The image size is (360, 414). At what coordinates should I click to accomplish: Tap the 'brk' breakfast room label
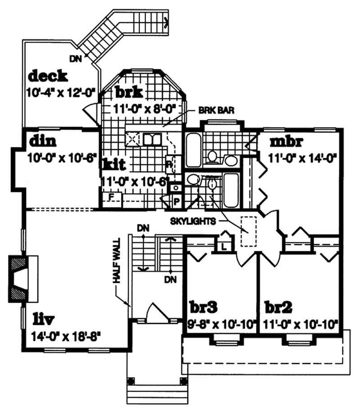tap(129, 92)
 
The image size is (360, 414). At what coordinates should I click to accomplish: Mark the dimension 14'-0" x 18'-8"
tap(66, 336)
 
